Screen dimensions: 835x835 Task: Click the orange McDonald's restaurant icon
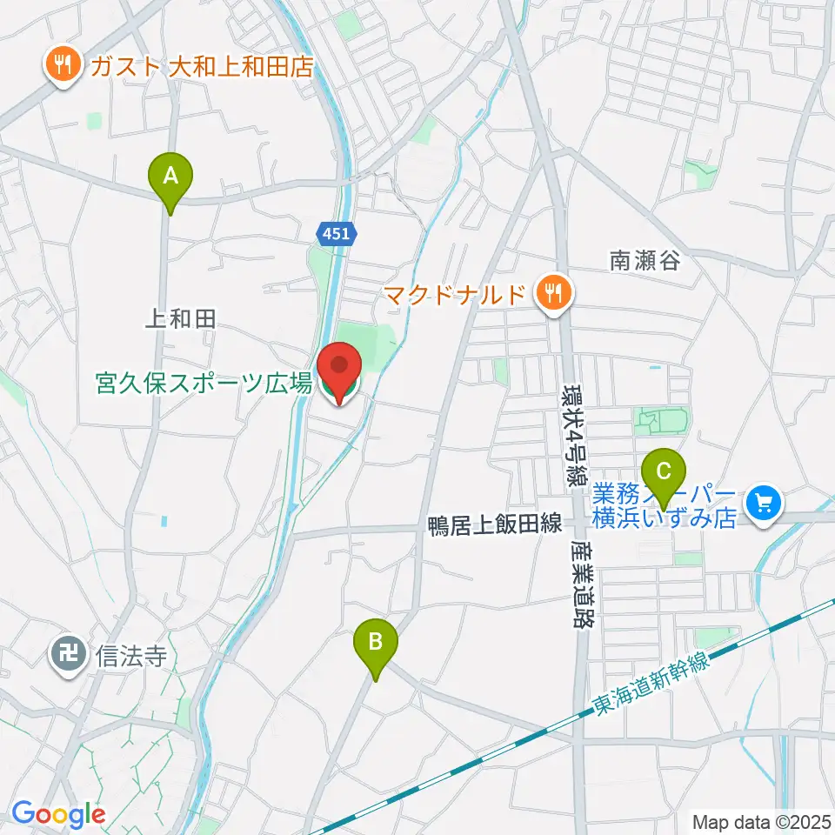click(x=552, y=293)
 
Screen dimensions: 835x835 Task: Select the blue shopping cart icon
click(x=765, y=503)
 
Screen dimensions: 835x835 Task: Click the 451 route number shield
click(x=334, y=233)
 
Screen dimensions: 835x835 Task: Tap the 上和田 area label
click(x=179, y=320)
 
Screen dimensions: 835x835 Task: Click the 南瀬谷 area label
click(x=644, y=259)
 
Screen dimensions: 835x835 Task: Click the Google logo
click(x=59, y=814)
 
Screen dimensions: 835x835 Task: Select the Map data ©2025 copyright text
click(x=760, y=820)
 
